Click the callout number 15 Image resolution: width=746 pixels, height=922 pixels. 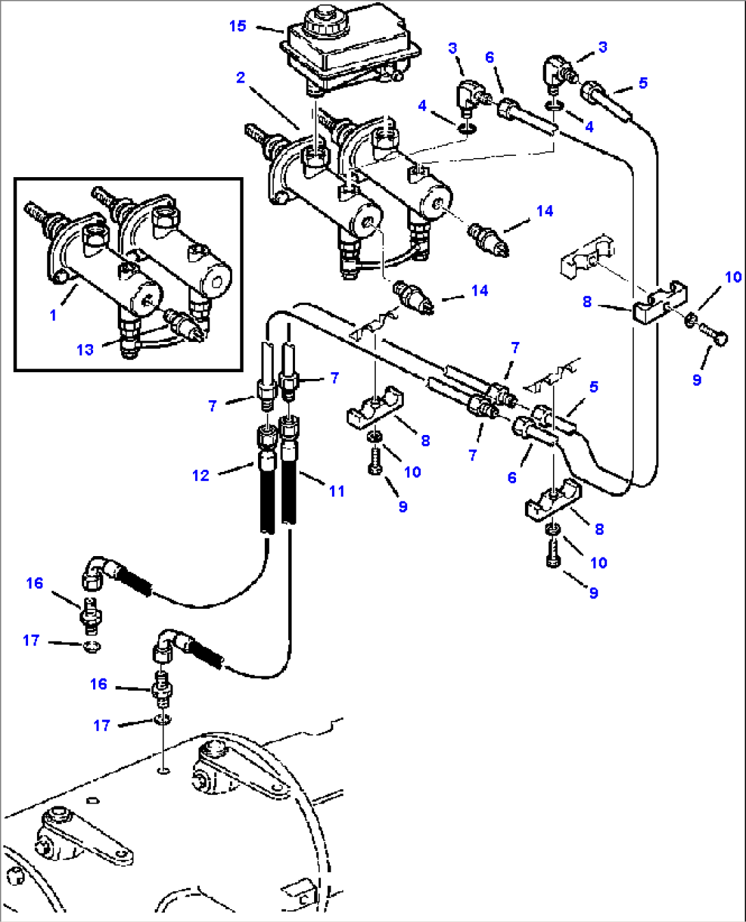coord(237,26)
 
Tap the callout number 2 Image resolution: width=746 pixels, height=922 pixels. coord(240,78)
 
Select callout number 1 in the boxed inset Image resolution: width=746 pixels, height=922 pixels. coord(53,315)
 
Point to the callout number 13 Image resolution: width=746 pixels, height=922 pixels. coord(85,350)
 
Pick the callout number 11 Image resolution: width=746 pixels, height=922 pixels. coord(336,490)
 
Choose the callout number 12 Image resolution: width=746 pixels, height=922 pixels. coord(201,475)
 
